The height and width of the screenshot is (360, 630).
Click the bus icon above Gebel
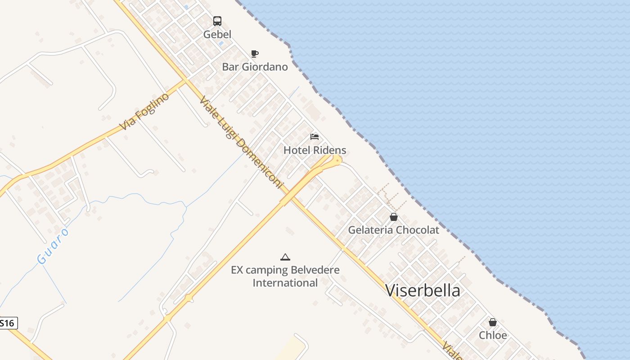[x=217, y=21]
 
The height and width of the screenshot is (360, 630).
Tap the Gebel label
[x=217, y=35]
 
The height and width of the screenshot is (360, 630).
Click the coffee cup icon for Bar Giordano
[x=255, y=54]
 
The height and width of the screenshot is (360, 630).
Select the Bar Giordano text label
[x=255, y=67]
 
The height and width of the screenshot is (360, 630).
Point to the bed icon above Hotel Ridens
[x=315, y=137]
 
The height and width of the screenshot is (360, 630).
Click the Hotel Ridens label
[x=315, y=150]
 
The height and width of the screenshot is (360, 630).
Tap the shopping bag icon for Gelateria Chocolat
[x=394, y=217]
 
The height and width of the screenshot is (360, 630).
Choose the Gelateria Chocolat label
[x=394, y=230]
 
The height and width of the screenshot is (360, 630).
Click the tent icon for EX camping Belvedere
[x=285, y=257]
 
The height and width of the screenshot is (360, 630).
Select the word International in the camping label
[x=285, y=283]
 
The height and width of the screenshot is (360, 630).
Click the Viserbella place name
[x=423, y=291]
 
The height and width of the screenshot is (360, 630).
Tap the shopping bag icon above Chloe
[x=493, y=322]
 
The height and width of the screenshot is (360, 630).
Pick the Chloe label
[x=493, y=335]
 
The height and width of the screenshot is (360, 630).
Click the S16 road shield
[x=8, y=323]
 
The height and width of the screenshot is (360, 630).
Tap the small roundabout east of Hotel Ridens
[x=337, y=159]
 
